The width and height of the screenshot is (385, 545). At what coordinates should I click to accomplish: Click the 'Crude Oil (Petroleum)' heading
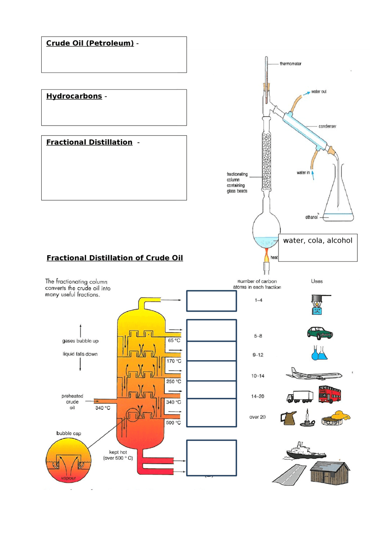coord(90,44)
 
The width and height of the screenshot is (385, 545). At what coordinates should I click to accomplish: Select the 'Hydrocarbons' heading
coord(74,96)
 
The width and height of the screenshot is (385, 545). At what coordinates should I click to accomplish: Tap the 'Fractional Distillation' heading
coord(89,142)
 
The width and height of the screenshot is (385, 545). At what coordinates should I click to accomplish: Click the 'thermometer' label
coord(291,63)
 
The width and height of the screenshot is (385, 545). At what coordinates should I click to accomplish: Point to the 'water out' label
coord(319,92)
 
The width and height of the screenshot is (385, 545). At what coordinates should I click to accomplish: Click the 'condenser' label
coord(327,126)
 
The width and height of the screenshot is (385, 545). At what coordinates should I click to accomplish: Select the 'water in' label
coord(303,173)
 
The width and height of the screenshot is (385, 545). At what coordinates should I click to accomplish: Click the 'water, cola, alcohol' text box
coord(318,247)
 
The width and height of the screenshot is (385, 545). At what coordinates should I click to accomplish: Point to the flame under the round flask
coord(266,254)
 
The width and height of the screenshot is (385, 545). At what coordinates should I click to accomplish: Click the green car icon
coord(320,333)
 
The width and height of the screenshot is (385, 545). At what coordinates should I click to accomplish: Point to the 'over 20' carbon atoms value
coord(257,417)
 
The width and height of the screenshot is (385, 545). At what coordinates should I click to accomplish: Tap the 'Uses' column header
coord(317,281)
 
